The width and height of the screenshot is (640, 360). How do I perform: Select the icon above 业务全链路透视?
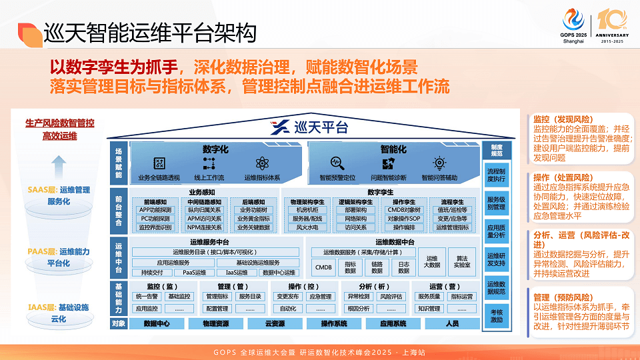(x=159, y=163)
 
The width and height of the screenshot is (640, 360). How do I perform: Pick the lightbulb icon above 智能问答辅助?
(x=439, y=162)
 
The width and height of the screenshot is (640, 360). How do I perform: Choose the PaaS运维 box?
(x=194, y=272)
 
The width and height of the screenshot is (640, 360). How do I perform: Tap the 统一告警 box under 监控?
(x=146, y=297)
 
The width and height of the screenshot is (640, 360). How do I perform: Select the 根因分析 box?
(x=358, y=309)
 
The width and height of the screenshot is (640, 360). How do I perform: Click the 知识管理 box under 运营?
(x=429, y=309)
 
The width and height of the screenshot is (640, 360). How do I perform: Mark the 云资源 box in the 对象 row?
(x=275, y=324)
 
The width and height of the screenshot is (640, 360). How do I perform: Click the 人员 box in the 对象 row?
(x=452, y=324)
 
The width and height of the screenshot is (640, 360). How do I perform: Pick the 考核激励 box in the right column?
(x=496, y=315)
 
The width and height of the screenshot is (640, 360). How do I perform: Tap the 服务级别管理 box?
(x=496, y=203)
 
